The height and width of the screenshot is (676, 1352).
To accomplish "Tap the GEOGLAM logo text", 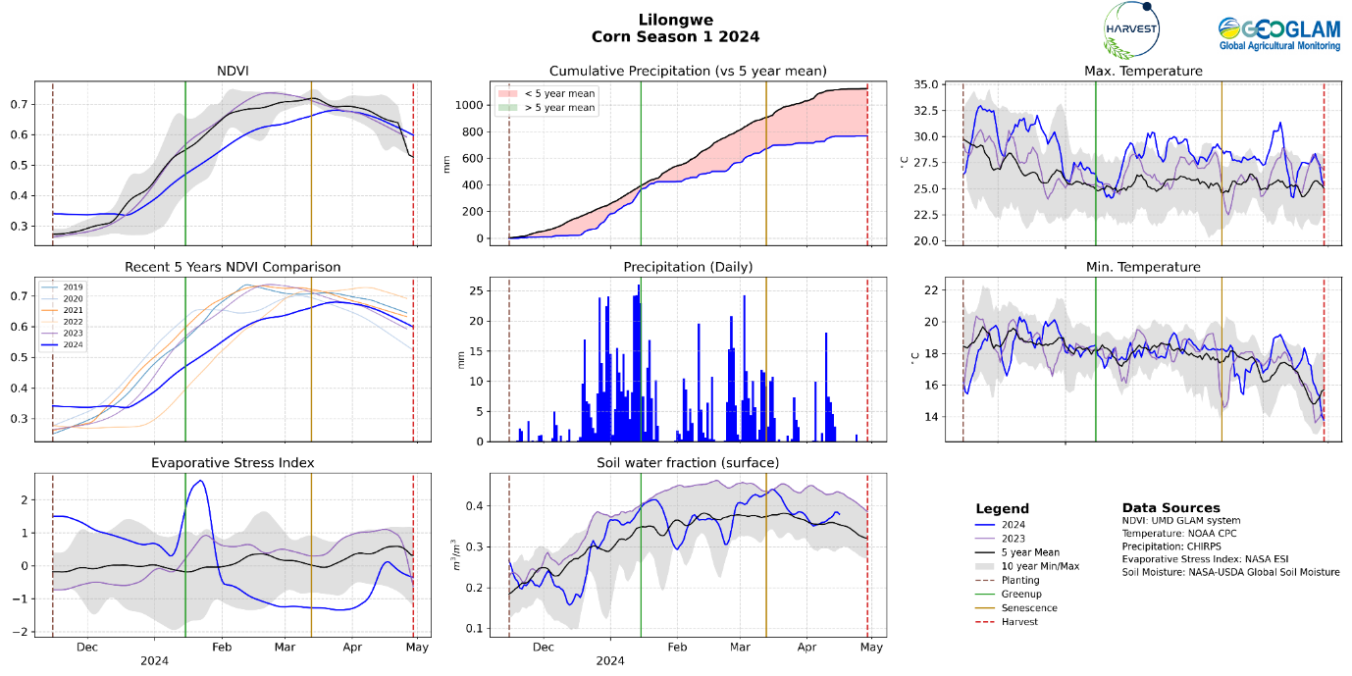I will [1278, 33].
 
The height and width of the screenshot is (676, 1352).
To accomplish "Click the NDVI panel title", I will [232, 72].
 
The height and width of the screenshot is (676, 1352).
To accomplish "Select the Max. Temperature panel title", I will [1143, 72].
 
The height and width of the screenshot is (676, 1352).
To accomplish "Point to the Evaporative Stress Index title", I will [232, 463].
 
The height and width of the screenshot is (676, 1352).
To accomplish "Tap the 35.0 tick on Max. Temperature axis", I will [938, 85].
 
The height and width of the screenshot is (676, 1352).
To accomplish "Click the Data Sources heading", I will [1170, 508].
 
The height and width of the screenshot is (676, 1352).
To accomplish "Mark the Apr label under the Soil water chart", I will [806, 648].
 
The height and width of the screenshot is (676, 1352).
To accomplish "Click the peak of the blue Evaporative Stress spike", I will [200, 481].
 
